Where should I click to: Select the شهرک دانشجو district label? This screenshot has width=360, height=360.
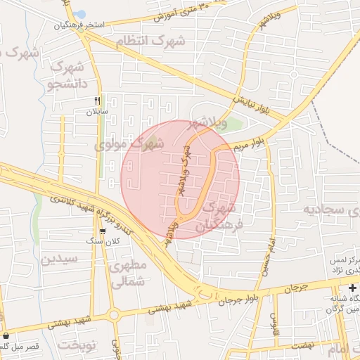(x=67, y=77)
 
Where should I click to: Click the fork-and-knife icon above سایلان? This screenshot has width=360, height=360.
(x=97, y=101)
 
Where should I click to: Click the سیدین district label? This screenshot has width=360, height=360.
(x=56, y=259)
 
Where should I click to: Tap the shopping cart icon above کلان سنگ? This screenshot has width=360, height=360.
(x=103, y=231)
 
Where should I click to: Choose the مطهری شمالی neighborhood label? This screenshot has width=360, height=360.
(x=128, y=274)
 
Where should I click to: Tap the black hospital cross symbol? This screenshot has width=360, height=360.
(x=352, y=288)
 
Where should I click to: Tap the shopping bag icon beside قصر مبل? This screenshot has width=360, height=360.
(x=6, y=335)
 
